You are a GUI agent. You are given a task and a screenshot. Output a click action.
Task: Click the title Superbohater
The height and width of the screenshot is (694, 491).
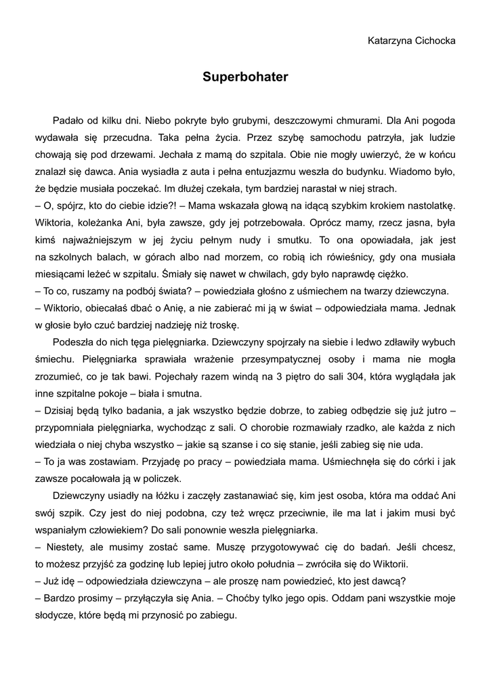click(245, 77)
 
